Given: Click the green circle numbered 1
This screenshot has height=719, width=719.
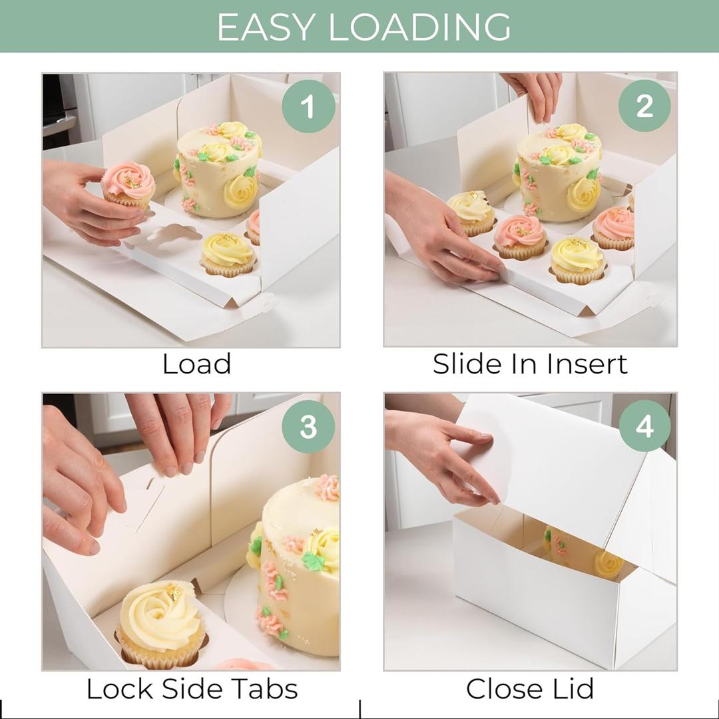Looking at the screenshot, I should (308, 107).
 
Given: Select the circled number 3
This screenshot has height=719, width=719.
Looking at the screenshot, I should (308, 427).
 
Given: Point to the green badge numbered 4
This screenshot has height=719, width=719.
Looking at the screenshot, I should (644, 427).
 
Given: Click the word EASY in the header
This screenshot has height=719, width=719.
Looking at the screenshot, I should (265, 27).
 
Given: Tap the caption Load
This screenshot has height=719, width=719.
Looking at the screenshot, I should (196, 364).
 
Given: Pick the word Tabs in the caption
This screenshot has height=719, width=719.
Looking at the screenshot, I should (262, 688).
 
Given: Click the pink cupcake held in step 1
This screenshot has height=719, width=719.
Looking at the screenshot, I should (128, 182).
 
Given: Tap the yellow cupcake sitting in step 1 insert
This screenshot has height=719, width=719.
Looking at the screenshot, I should (228, 253).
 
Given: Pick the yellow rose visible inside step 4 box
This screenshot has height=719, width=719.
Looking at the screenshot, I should (607, 565).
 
